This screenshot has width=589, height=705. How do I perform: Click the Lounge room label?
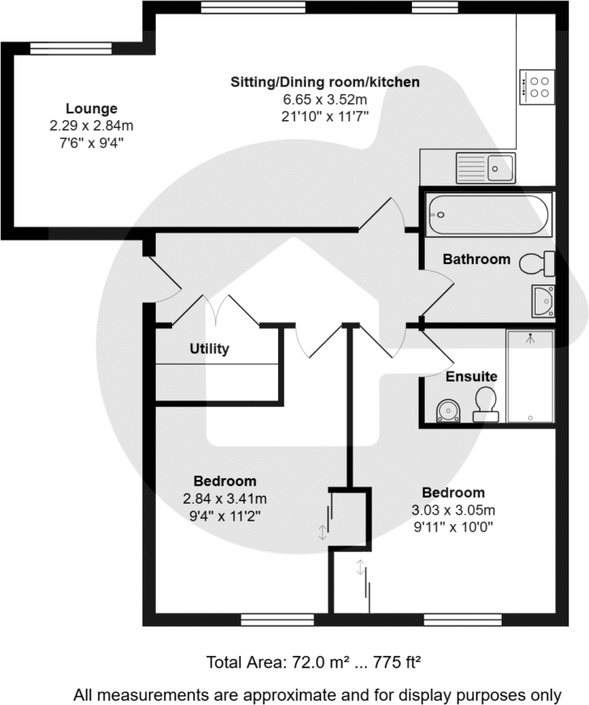tap(92, 108)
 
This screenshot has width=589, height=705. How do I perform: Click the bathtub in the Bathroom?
tap(489, 215)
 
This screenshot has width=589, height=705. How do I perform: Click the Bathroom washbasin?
tap(542, 300)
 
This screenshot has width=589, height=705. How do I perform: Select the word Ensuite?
tap(472, 376)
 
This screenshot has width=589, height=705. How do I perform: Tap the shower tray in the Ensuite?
tap(530, 376)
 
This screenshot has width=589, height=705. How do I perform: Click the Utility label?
tap(209, 349)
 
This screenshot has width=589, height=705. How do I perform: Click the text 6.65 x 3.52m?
tap(325, 98)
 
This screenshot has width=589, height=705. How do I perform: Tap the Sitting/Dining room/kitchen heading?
tap(325, 82)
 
